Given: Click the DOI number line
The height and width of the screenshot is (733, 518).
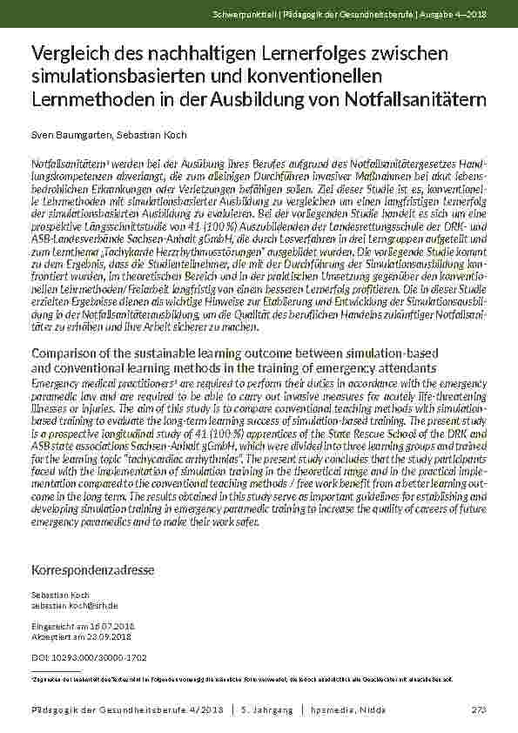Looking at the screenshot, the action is [89, 656].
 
